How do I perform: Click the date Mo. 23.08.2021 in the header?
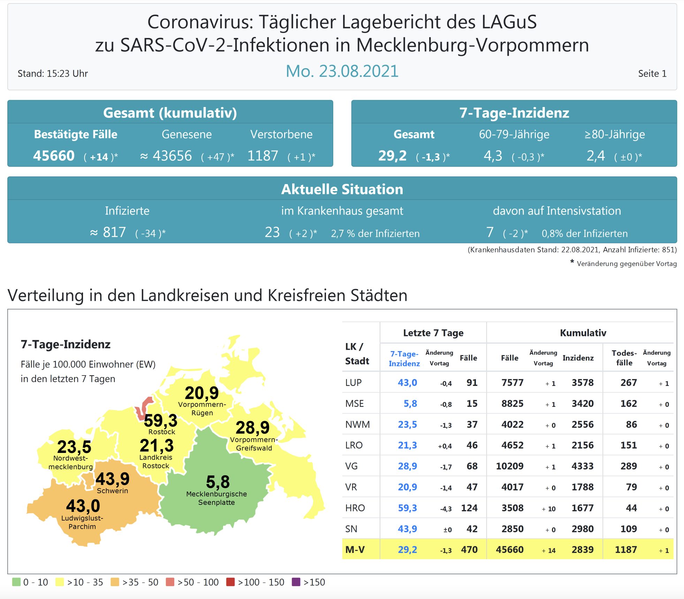[x=342, y=71]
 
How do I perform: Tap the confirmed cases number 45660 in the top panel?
[x=54, y=156]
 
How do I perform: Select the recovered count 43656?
[x=172, y=156]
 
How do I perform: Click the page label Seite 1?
[x=652, y=74]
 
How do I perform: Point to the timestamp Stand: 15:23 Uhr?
[x=53, y=74]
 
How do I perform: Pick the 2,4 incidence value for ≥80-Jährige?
[x=595, y=156]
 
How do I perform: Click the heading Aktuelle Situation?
[x=342, y=189]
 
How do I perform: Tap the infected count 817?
[x=114, y=232]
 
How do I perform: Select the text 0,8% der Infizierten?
[x=584, y=233]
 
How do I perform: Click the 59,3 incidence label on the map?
[x=161, y=420]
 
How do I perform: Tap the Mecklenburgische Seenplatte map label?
[x=216, y=498]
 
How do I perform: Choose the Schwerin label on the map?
[x=112, y=491]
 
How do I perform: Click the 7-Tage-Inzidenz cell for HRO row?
[x=407, y=508]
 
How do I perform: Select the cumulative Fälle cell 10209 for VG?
[x=509, y=466]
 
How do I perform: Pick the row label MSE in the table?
[x=354, y=403]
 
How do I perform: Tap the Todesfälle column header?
[x=624, y=358]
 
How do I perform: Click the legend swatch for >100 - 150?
[x=230, y=582]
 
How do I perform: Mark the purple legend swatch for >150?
[x=296, y=582]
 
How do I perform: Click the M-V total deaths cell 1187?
[x=626, y=550]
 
